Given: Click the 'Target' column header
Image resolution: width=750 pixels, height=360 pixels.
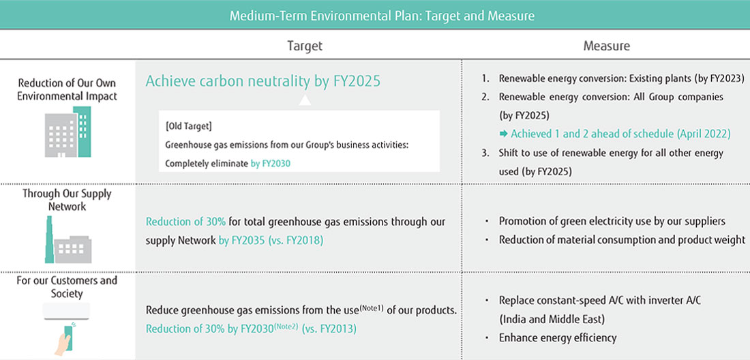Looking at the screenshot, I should point(304,46).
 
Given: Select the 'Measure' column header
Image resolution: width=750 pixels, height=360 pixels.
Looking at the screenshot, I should point(606,46).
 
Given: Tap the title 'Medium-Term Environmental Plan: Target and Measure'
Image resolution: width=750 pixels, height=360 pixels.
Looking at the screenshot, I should point(382,15).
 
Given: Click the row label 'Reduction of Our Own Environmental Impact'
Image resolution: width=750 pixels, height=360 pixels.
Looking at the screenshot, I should point(67,89).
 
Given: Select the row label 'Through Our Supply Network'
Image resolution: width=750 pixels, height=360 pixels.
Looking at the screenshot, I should point(67,199).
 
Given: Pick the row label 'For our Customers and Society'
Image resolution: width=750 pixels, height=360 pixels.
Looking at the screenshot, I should point(67,286).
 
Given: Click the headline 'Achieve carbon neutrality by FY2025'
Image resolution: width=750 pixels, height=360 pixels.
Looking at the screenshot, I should point(262,81).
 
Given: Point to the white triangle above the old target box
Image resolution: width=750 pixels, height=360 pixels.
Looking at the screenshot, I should point(305,100).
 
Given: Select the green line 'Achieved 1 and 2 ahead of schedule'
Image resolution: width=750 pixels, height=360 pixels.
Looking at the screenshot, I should point(620,134).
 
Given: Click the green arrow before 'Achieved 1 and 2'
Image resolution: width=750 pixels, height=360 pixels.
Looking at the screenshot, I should point(504,134).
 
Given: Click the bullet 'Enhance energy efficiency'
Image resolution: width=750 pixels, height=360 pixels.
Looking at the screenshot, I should point(558,337).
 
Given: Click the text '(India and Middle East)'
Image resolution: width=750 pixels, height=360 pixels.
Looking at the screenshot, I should point(552,318).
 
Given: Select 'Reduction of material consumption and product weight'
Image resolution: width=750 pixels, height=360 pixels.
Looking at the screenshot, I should point(622,239).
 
